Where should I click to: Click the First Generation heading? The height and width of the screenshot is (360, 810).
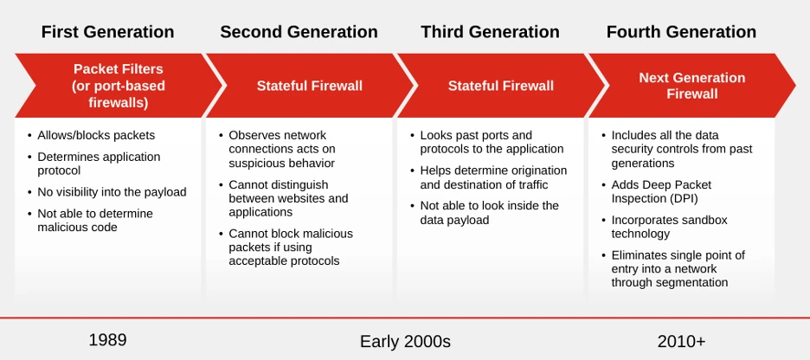pyautogui.click(x=107, y=32)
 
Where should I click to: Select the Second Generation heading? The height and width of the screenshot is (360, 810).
pyautogui.click(x=299, y=32)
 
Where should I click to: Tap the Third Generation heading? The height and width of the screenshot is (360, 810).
pyautogui.click(x=490, y=32)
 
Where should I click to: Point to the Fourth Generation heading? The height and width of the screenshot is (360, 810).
pyautogui.click(x=681, y=32)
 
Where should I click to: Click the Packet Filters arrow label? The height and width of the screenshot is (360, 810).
pyautogui.click(x=119, y=86)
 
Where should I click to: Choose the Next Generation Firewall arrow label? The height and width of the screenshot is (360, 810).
pyautogui.click(x=691, y=86)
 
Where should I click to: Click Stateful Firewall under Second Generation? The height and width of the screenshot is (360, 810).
pyautogui.click(x=310, y=86)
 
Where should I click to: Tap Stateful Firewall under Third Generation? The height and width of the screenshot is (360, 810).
pyautogui.click(x=500, y=86)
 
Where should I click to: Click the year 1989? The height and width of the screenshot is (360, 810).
pyautogui.click(x=107, y=340)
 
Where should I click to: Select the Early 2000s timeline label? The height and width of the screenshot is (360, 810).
pyautogui.click(x=405, y=342)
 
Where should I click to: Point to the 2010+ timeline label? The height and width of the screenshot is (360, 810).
pyautogui.click(x=681, y=342)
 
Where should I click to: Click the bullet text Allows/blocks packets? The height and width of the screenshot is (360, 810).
pyautogui.click(x=96, y=135)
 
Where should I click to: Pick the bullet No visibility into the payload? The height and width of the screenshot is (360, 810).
pyautogui.click(x=112, y=192)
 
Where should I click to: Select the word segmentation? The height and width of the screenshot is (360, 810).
pyautogui.click(x=695, y=282)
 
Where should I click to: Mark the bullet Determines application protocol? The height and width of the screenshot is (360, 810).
pyautogui.click(x=99, y=164)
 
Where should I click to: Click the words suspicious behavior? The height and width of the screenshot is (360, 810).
pyautogui.click(x=281, y=164)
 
